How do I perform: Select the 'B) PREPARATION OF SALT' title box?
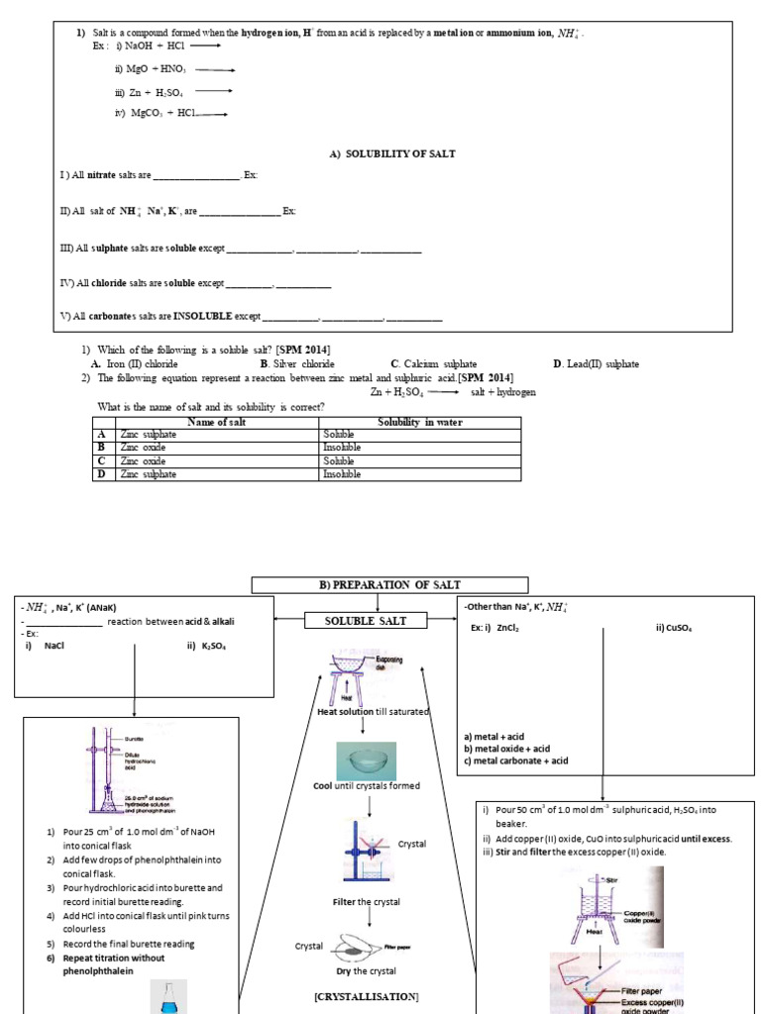[x=389, y=585]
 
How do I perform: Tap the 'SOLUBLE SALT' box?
[x=366, y=621]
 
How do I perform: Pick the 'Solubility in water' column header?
[x=419, y=423]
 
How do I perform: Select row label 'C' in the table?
[x=101, y=461]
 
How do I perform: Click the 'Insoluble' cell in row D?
[x=343, y=474]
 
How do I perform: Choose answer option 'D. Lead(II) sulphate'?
[x=596, y=364]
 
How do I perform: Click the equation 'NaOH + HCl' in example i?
[x=149, y=46]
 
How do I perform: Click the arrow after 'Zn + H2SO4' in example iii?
[x=215, y=91]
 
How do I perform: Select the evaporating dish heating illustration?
[x=364, y=675]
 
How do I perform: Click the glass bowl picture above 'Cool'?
[x=366, y=760]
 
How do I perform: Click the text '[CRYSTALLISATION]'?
[x=366, y=995]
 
